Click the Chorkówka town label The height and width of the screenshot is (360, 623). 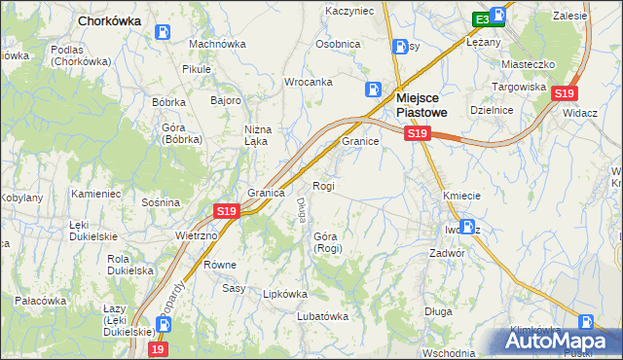tap(109, 19)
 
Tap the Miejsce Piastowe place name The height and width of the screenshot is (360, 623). tap(426, 104)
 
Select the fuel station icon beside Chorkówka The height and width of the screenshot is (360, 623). tap(162, 31)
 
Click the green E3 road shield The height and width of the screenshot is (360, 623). tap(482, 18)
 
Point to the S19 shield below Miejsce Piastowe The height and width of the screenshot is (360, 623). tap(417, 132)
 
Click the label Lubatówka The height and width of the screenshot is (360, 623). tap(323, 316)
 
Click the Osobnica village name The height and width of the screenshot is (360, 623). tap(338, 44)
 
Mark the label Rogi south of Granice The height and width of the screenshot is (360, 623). tap(323, 186)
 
